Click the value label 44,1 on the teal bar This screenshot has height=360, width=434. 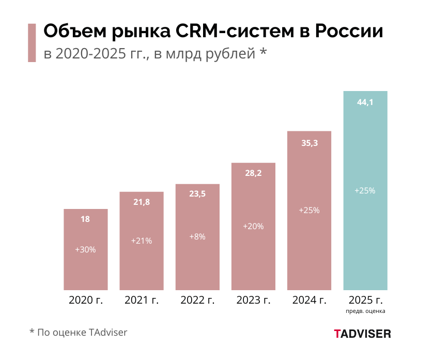coord(365,102)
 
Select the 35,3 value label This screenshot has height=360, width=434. coord(309,143)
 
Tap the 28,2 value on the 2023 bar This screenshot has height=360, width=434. coord(253,173)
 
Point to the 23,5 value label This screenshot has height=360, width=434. coord(197,194)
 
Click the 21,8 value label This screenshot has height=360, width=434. coord(142,202)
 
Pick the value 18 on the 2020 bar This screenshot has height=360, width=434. coord(85,219)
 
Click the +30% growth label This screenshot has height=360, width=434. coord(85,249)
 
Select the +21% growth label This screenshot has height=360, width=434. coord(142,241)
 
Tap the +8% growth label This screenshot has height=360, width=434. coord(197,236)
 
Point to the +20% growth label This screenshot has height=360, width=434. coord(253,226)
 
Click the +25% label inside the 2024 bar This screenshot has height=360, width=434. coord(309,211)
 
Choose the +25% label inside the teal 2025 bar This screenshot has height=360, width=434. coord(365,190)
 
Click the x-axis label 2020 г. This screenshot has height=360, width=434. coord(86,300)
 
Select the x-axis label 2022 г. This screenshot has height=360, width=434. coord(197,300)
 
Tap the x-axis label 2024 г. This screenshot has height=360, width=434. coord(309,300)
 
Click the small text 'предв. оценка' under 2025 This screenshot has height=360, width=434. coord(365,311)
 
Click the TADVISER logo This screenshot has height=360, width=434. coord(362,334)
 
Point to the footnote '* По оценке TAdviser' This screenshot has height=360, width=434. coord(78,332)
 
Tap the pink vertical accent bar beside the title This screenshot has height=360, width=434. coord(32,42)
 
